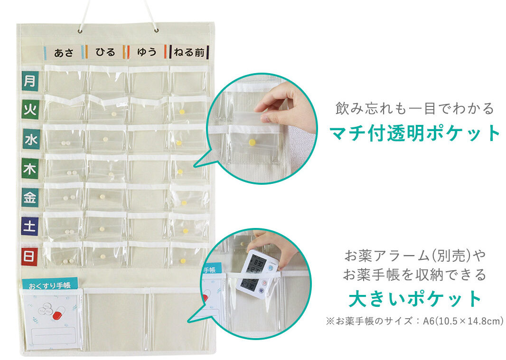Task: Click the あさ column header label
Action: [x=64, y=52]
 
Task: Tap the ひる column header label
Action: [x=105, y=52]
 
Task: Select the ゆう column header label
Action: [x=147, y=52]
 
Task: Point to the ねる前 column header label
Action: [x=189, y=52]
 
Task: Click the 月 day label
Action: [x=30, y=81]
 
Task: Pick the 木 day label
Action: [x=30, y=168]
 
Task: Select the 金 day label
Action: [x=30, y=197]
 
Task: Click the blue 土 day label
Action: [x=30, y=226]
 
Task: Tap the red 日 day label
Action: [x=30, y=256]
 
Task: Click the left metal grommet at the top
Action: [x=80, y=31]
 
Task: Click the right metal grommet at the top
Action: [x=157, y=30]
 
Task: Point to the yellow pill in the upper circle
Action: [x=252, y=142]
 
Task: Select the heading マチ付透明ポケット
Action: [x=415, y=133]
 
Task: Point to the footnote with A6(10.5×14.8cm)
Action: [x=415, y=321]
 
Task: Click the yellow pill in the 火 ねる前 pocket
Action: [x=182, y=112]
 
